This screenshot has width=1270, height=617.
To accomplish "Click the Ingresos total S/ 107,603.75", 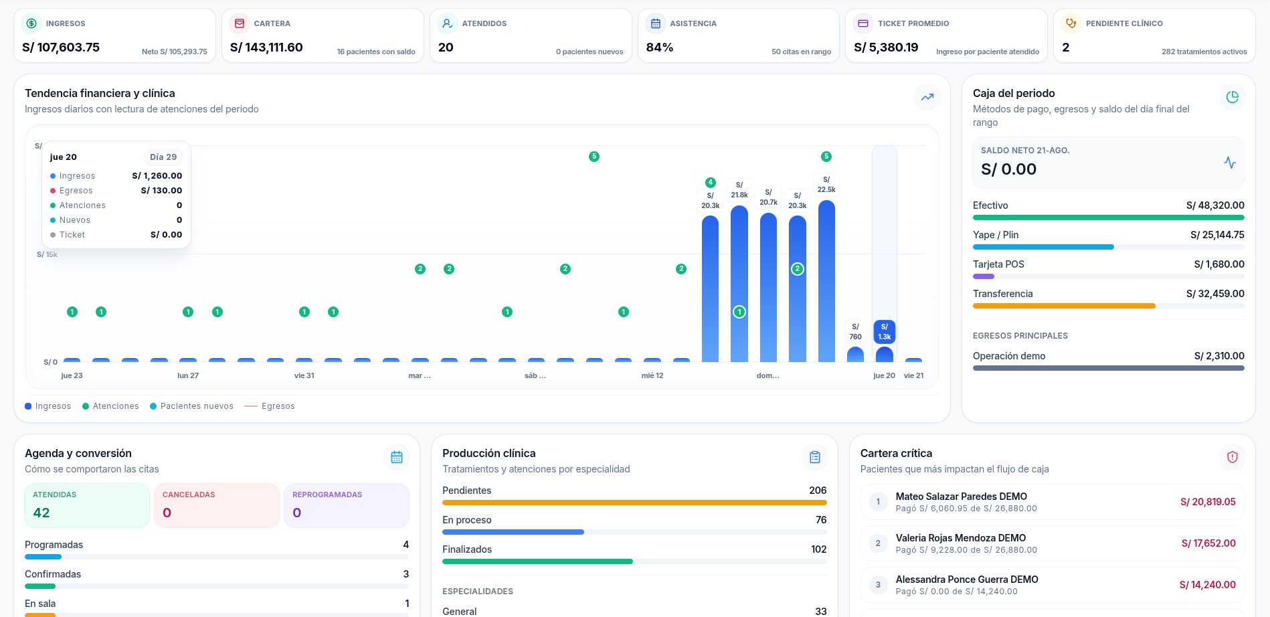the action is [61, 48].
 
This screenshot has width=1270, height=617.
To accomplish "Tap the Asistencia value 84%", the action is [660, 48].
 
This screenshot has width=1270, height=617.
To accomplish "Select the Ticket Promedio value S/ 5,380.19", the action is [886, 48].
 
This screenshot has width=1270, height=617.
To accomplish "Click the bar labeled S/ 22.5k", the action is [826, 281].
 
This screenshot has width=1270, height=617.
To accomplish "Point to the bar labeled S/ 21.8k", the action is [739, 284].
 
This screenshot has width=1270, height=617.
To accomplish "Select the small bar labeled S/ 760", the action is [855, 355].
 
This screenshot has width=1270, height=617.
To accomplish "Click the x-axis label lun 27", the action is [188, 375].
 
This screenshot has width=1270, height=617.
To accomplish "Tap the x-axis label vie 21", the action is [913, 375].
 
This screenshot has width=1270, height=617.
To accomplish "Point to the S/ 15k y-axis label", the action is [47, 254].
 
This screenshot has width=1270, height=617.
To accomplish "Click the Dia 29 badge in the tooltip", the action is [163, 157].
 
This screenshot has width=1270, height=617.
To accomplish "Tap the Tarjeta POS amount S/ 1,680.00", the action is [1219, 264].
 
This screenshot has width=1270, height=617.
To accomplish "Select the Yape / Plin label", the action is [996, 235].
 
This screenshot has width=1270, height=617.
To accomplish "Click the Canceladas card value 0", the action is [167, 513].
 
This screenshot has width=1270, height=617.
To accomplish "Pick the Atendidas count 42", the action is [41, 513].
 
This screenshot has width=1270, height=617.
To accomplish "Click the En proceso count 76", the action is [821, 520].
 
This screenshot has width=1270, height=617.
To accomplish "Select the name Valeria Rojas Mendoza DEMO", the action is [961, 538].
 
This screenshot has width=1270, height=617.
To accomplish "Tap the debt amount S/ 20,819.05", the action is [1208, 502].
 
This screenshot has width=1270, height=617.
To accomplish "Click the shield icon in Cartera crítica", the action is [1233, 457].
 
